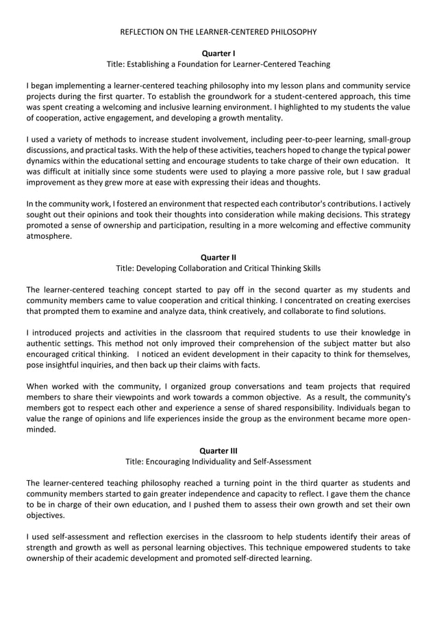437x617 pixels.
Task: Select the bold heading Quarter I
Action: (x=218, y=53)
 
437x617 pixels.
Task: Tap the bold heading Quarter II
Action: (x=218, y=257)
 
